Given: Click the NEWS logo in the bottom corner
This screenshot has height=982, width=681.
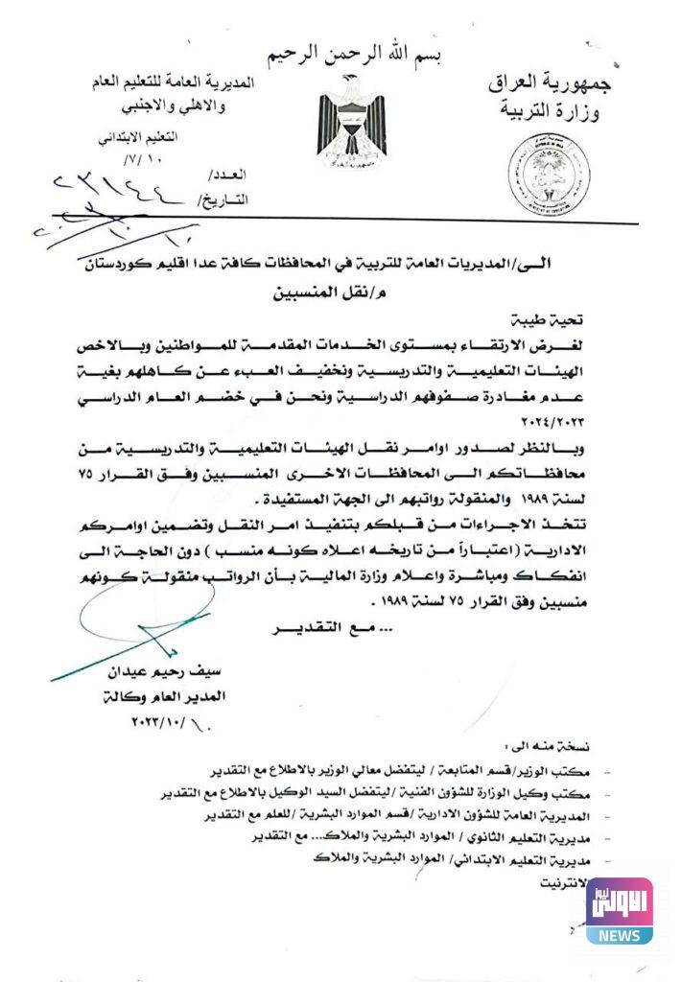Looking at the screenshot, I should [620, 910].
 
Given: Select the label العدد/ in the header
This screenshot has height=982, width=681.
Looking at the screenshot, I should [227, 176].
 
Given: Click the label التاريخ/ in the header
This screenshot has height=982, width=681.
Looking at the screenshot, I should [222, 200].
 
